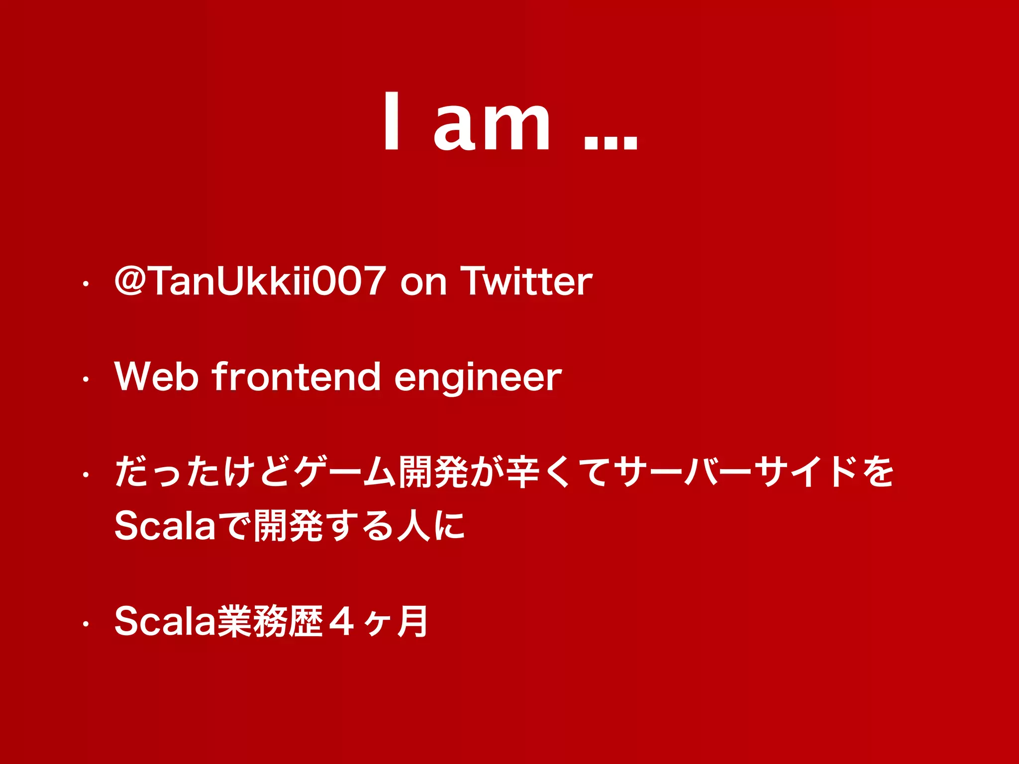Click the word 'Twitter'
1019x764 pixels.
coord(526,281)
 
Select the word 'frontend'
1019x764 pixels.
coord(297,377)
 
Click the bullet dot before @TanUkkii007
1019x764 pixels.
coord(86,285)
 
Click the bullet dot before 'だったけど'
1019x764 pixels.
coord(86,475)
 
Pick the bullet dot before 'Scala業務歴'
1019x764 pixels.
coord(86,624)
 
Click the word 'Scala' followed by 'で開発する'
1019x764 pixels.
coord(165,526)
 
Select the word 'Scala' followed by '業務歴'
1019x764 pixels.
coord(165,621)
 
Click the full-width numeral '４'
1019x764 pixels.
coord(342,622)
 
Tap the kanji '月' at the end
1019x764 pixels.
coord(412,622)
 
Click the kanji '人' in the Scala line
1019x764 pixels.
coord(412,526)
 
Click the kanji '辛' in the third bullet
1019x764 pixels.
coord(522,472)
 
